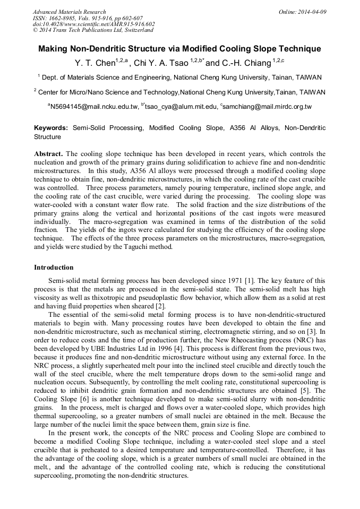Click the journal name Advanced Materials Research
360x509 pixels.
tap(69, 12)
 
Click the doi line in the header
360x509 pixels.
tap(93, 24)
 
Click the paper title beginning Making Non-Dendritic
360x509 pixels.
tap(179, 49)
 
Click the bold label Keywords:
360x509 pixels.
tap(51, 128)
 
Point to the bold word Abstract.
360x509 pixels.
tap(48, 154)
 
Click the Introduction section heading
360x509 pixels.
tap(54, 267)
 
